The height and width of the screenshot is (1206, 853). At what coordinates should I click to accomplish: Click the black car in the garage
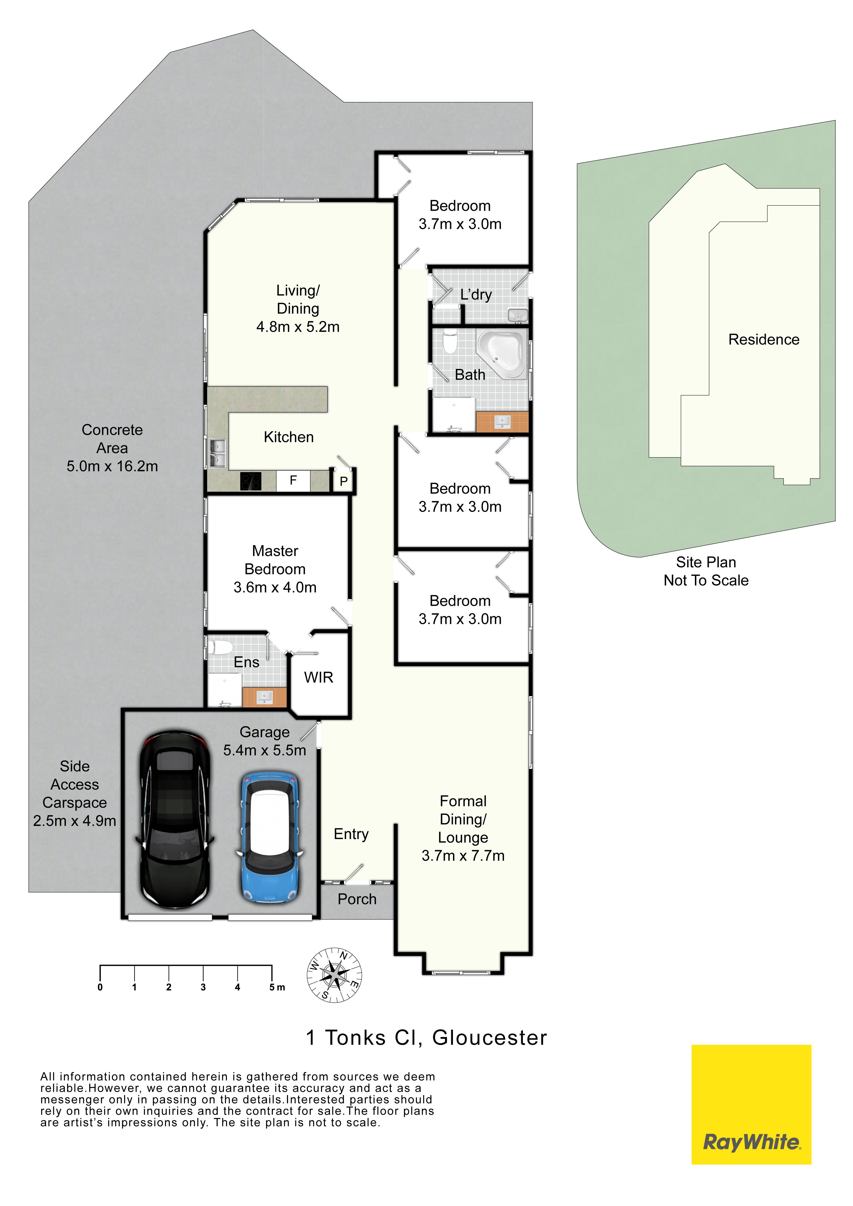coord(175,819)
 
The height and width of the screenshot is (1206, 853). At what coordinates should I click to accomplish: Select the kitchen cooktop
coord(251,481)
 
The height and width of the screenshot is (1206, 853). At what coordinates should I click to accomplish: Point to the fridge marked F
coord(293,481)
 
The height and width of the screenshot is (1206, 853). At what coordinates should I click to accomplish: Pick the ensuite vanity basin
coord(264,697)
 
